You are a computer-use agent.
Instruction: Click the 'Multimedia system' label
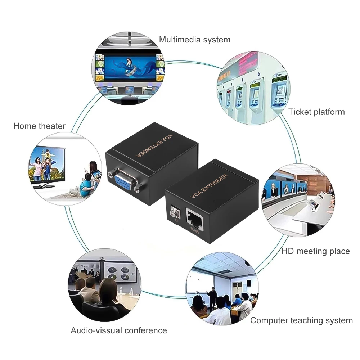(x=195, y=39)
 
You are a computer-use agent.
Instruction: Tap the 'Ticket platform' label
(x=316, y=112)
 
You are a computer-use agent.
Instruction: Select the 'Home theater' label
(x=39, y=126)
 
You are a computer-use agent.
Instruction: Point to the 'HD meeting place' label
(x=315, y=251)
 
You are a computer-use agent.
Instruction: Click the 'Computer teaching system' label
(x=302, y=320)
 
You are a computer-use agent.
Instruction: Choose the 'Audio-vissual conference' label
(x=119, y=330)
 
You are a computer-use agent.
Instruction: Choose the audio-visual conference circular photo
(x=104, y=284)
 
